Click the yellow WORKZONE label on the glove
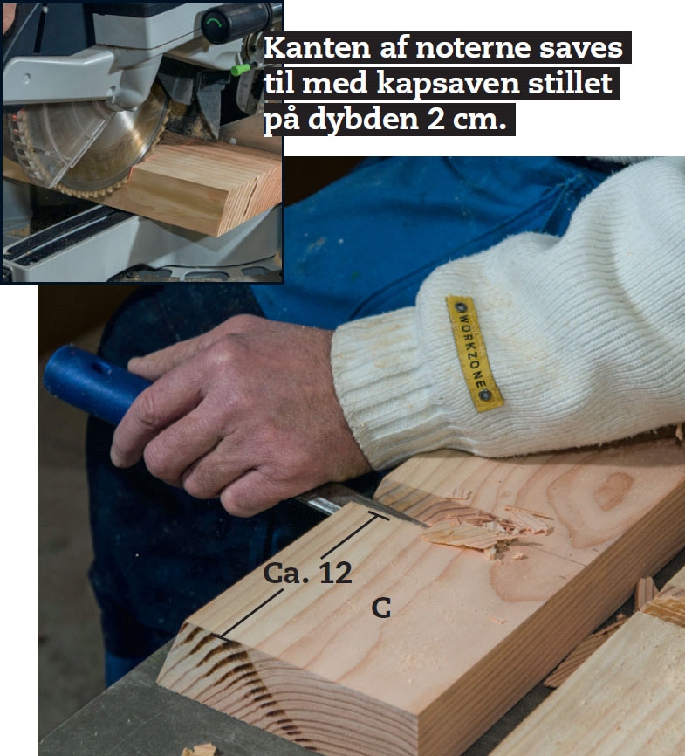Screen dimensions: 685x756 (475, 354)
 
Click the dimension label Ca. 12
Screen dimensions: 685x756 (307, 573)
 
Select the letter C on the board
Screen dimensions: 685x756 (380, 608)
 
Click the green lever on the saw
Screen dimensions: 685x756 (241, 69)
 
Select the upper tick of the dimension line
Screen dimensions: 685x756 (380, 516)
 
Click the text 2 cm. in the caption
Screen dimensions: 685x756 (467, 119)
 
